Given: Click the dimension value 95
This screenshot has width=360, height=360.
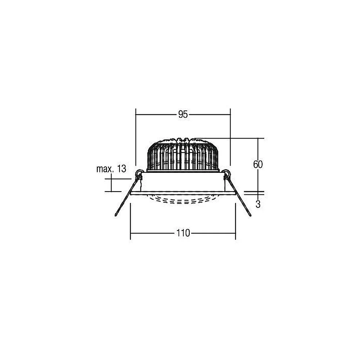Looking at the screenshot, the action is point(183,114).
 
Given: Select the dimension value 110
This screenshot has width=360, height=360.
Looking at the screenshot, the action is point(183,233).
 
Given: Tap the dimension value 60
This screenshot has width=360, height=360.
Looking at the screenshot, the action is point(258,165).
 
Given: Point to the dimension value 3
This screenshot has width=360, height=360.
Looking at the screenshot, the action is point(258,204).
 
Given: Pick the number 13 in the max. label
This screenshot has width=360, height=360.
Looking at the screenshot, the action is point(122,169).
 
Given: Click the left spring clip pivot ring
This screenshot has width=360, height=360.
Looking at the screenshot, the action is point(139,172).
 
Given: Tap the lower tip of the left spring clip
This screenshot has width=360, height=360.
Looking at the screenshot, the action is point(116,215).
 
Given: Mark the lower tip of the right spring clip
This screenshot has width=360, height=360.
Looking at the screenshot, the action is point(250,215).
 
